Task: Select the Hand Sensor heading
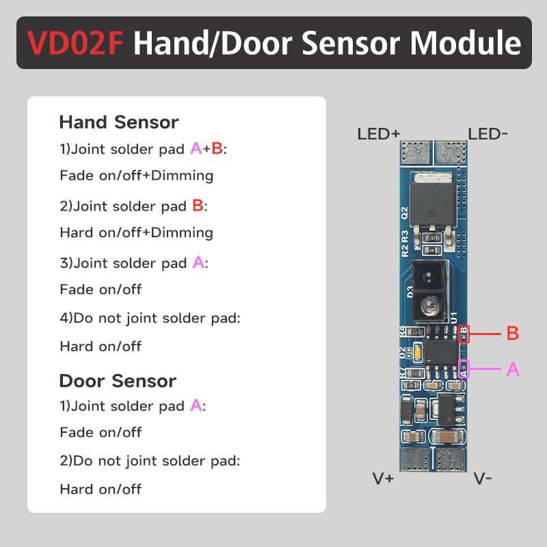(118, 122)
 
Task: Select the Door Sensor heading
(118, 381)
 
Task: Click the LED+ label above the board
(378, 134)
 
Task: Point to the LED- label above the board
(488, 134)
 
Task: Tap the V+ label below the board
(384, 479)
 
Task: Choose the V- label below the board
(483, 479)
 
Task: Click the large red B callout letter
(512, 334)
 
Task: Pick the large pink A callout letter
(513, 370)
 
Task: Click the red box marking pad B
(464, 334)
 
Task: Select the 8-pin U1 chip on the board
(441, 353)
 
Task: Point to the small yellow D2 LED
(415, 353)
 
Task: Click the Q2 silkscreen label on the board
(404, 213)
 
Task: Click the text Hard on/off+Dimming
(136, 232)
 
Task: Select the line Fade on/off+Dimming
(136, 176)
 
